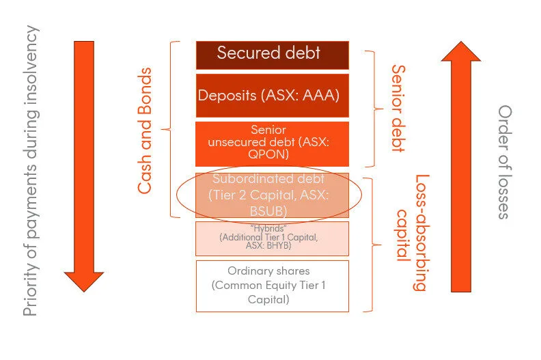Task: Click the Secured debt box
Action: tap(272, 55)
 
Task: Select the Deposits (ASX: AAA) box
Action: tap(272, 96)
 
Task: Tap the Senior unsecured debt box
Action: tap(272, 143)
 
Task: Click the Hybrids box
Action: tap(272, 238)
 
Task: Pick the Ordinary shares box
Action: tap(272, 286)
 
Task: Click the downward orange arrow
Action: tap(83, 164)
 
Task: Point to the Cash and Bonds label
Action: tap(145, 130)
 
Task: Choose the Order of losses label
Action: tap(504, 161)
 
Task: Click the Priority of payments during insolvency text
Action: tap(30, 171)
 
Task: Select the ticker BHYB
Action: tap(280, 243)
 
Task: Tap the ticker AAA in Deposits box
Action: tap(323, 95)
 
